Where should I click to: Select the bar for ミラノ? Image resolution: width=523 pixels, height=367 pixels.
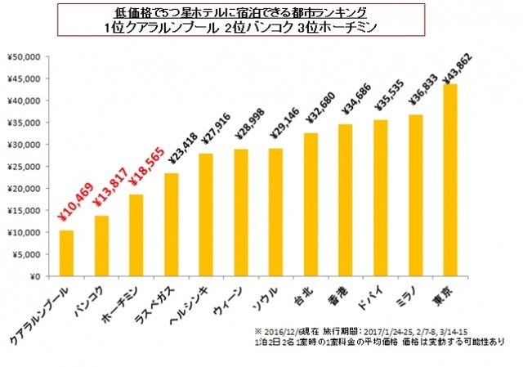414,195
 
